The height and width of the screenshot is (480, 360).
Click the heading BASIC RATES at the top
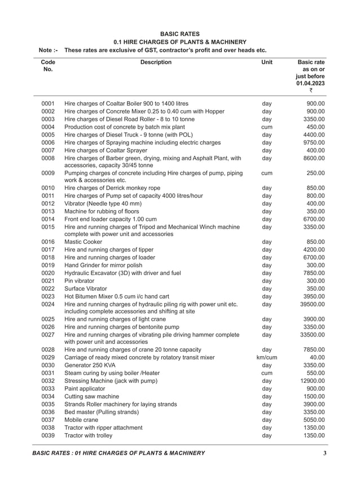[180, 34]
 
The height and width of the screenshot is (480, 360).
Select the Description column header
[156, 62]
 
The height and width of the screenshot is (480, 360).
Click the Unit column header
[267, 62]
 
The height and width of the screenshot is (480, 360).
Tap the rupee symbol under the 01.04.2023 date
[310, 91]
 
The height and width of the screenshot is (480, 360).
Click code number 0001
[48, 104]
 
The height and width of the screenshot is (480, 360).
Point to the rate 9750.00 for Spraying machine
[314, 143]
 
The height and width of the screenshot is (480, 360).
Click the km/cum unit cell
[267, 357]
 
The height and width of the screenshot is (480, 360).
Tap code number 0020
[48, 273]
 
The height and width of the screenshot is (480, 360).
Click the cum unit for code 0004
[267, 127]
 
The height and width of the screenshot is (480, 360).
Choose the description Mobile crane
[81, 420]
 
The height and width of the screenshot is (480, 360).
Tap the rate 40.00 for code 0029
[317, 357]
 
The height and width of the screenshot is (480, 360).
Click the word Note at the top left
[47, 50]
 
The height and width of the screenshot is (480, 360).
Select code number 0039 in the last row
[48, 435]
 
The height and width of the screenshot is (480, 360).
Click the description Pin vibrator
[80, 281]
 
